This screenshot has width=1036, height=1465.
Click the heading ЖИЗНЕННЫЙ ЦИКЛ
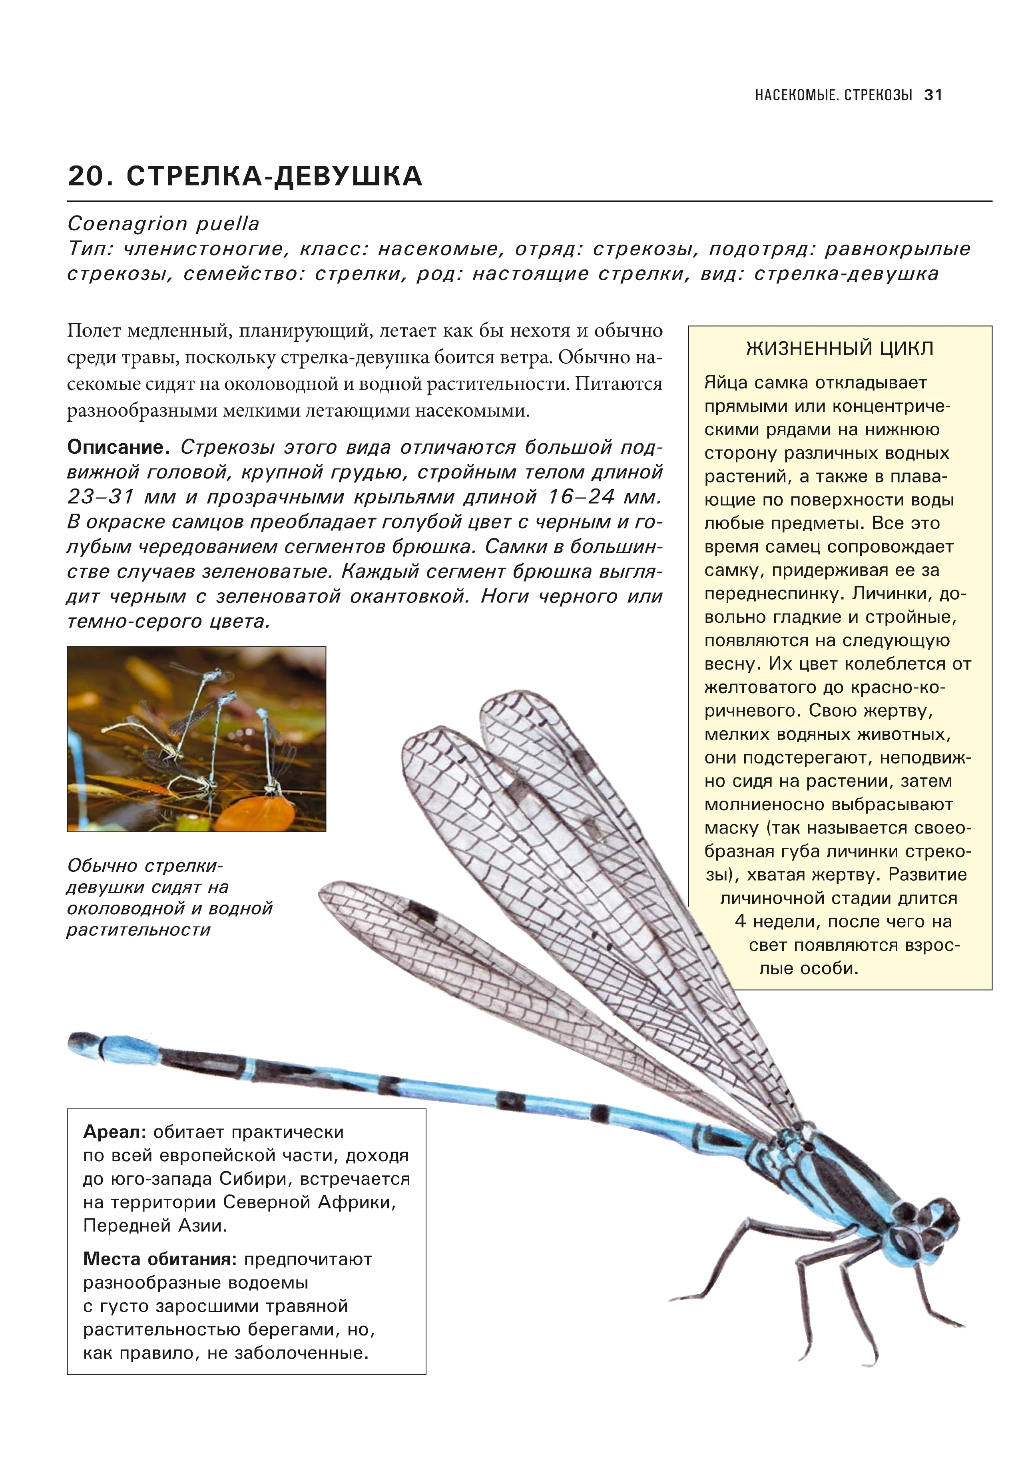[x=839, y=349]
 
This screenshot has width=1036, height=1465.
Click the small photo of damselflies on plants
[x=197, y=739]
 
